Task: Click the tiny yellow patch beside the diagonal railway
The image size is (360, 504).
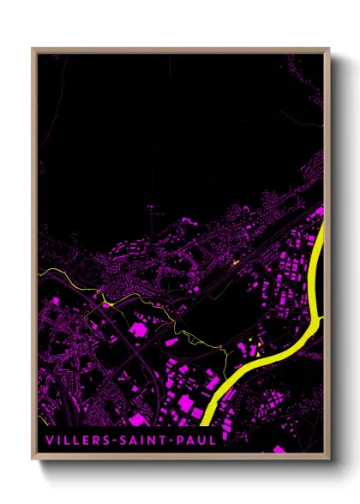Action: [x=234, y=262]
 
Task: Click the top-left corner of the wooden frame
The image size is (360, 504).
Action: [x=33, y=48]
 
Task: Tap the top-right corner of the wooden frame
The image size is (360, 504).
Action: [x=329, y=48]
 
